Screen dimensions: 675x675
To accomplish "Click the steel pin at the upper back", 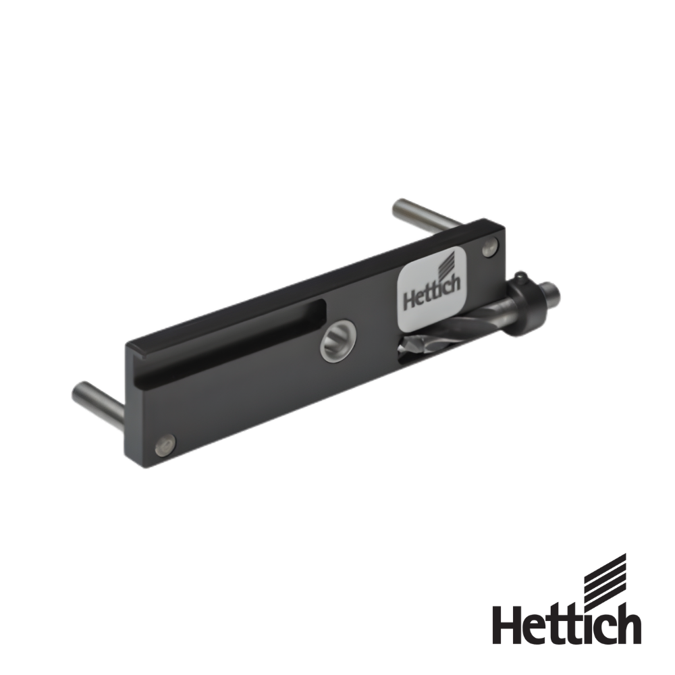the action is (x=426, y=213).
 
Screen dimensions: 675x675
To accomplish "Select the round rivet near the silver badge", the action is (x=489, y=248).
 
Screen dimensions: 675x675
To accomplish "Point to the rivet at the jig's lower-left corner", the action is (x=165, y=444).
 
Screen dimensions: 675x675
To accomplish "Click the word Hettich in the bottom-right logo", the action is (x=566, y=623).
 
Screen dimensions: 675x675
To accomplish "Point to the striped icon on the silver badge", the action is (x=448, y=264).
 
